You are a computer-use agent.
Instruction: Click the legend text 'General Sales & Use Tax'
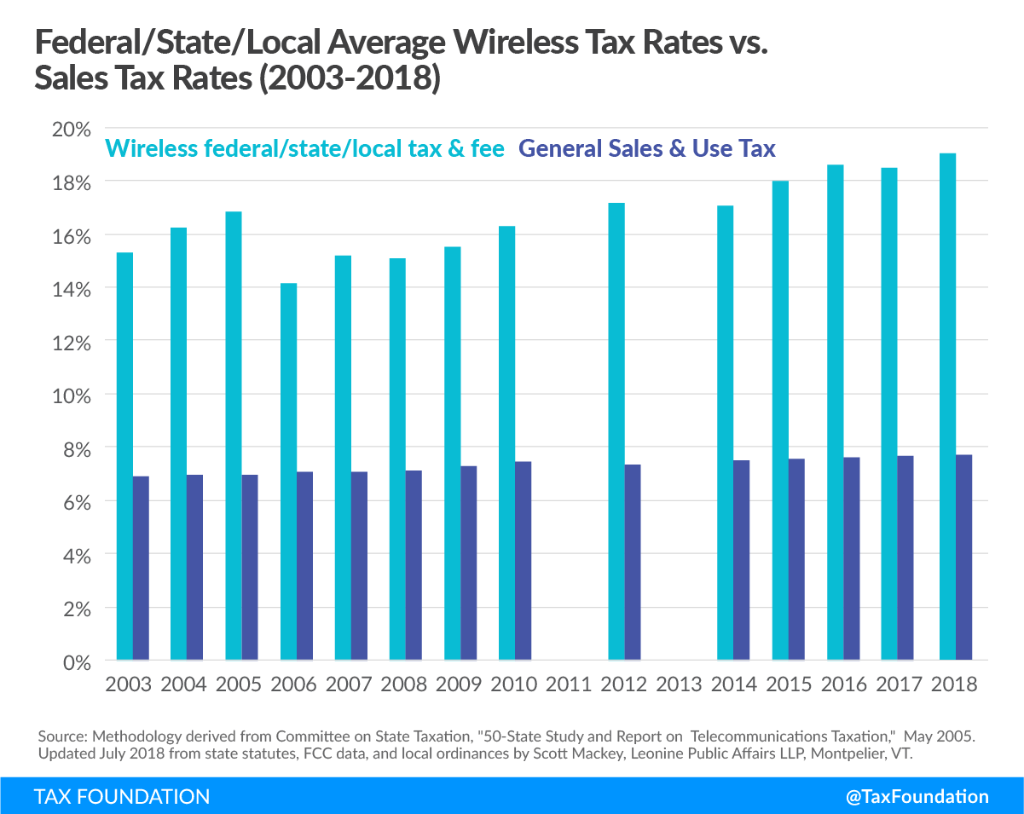647,148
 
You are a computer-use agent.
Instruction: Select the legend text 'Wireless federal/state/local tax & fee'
305,148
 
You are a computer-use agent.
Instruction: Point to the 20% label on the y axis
71,130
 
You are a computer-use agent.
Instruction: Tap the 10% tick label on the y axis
71,395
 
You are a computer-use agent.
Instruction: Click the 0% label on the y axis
76,661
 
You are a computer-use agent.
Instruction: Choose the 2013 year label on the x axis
679,684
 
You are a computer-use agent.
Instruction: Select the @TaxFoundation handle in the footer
917,796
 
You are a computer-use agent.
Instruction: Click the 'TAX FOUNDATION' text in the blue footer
122,796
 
